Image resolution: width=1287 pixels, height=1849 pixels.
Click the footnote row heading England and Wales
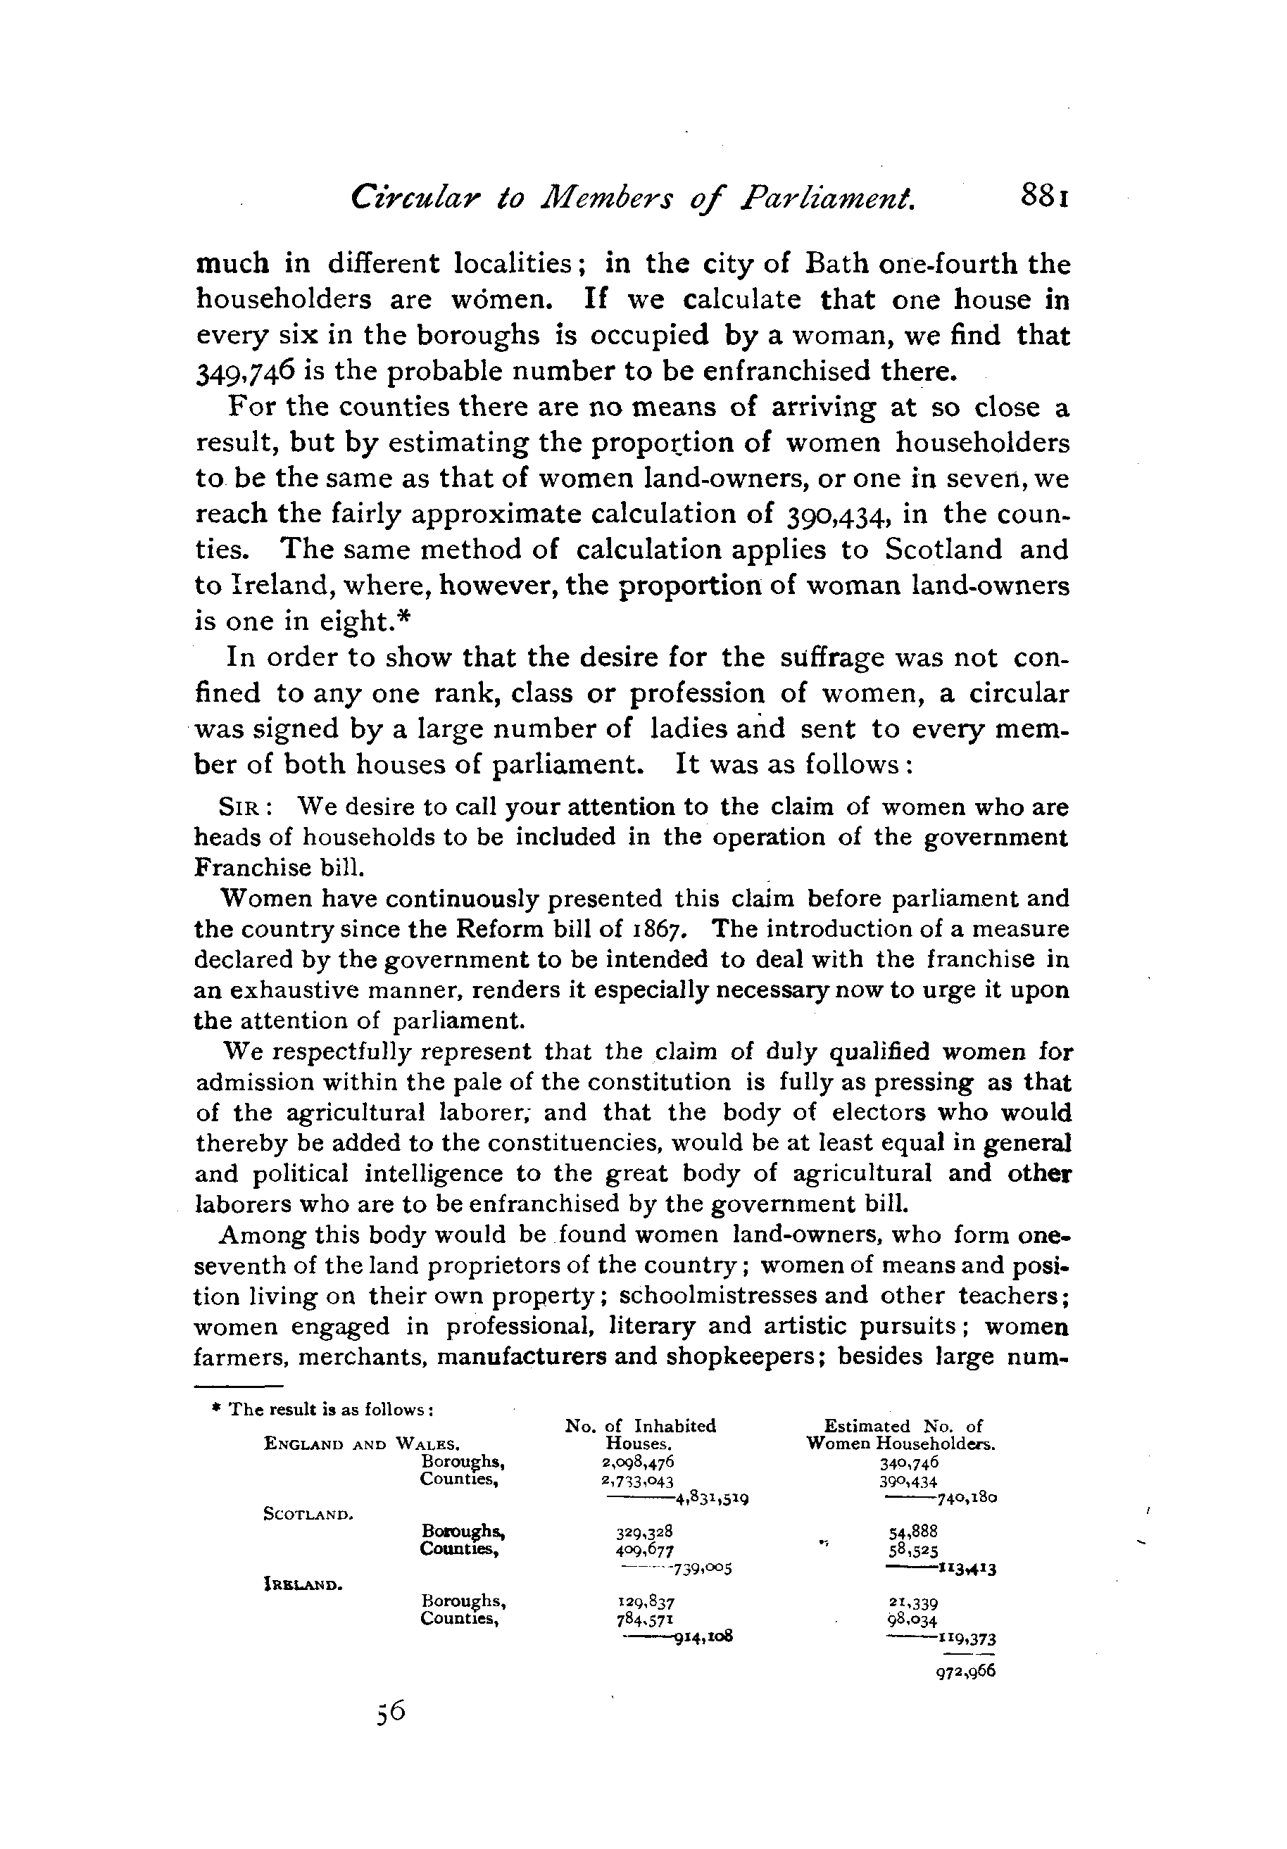coord(362,1445)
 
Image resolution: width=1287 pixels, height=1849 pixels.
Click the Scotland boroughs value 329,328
coord(645,1532)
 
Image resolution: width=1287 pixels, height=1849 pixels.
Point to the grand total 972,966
coord(966,1671)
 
